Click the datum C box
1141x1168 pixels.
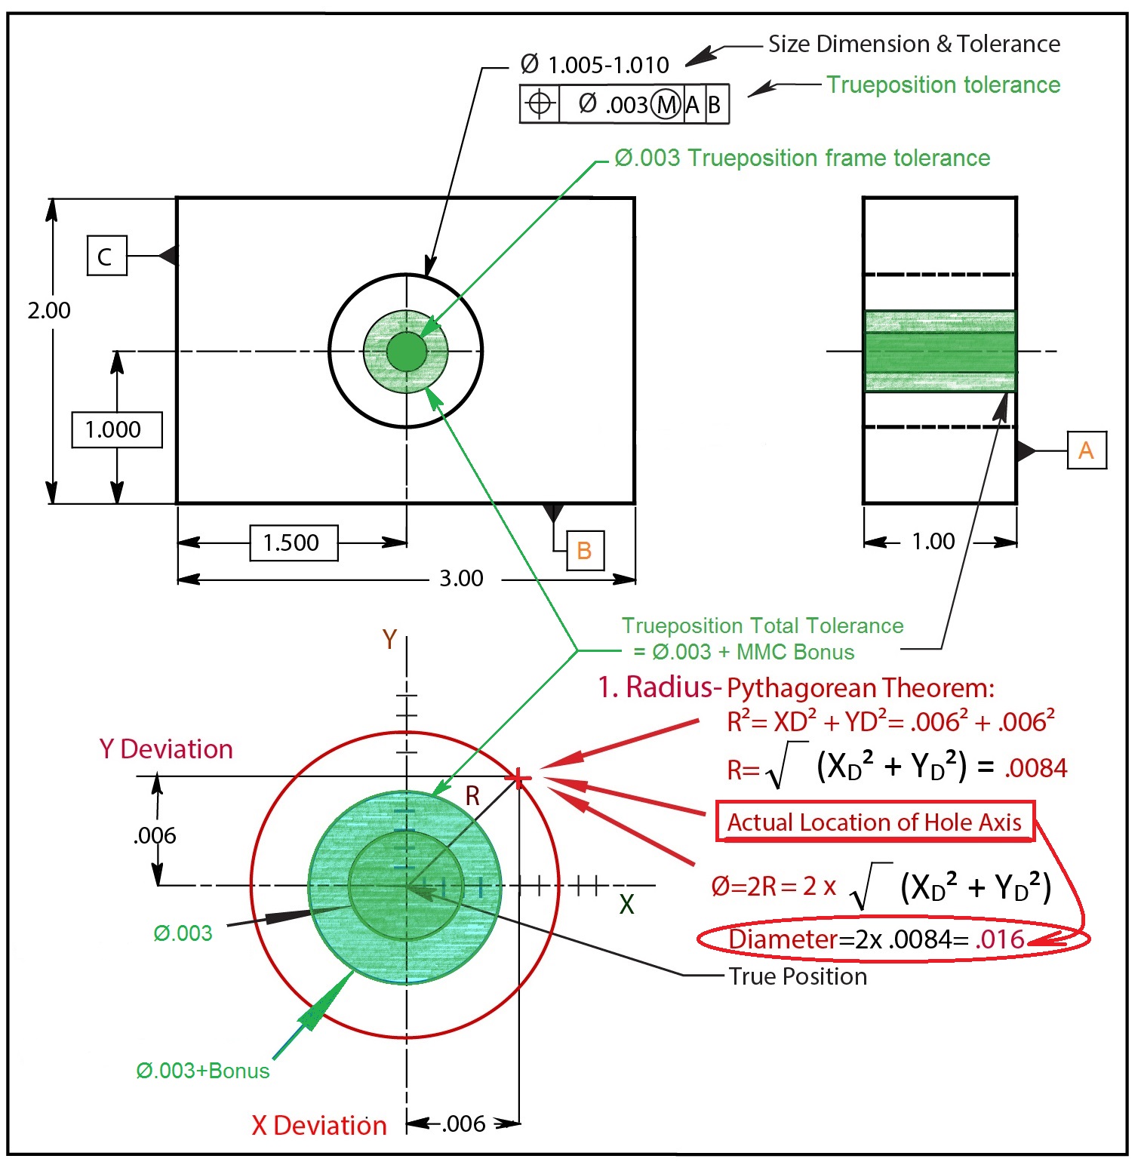pyautogui.click(x=106, y=256)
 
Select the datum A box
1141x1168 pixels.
pyautogui.click(x=1086, y=450)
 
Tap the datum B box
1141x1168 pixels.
pyautogui.click(x=584, y=550)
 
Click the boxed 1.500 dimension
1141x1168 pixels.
pyautogui.click(x=293, y=543)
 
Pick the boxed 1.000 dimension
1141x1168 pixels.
pyautogui.click(x=116, y=429)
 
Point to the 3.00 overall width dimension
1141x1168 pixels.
pyautogui.click(x=461, y=579)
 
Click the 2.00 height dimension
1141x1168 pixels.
pyautogui.click(x=49, y=310)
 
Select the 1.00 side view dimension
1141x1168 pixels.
pyautogui.click(x=933, y=541)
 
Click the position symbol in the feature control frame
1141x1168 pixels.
pyautogui.click(x=540, y=103)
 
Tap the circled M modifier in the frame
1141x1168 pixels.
pyautogui.click(x=666, y=104)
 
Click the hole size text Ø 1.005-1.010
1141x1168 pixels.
pyautogui.click(x=595, y=65)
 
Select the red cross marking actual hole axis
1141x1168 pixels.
pyautogui.click(x=518, y=778)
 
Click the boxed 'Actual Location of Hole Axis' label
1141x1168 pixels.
pyautogui.click(x=874, y=822)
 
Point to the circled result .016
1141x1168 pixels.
pyautogui.click(x=1000, y=939)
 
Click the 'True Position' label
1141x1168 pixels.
pyautogui.click(x=798, y=976)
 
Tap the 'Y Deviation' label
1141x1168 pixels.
pyautogui.click(x=166, y=749)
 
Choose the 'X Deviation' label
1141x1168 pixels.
pyautogui.click(x=318, y=1125)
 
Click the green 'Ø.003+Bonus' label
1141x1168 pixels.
pyautogui.click(x=202, y=1071)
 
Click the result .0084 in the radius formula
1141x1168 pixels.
pyautogui.click(x=1035, y=768)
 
